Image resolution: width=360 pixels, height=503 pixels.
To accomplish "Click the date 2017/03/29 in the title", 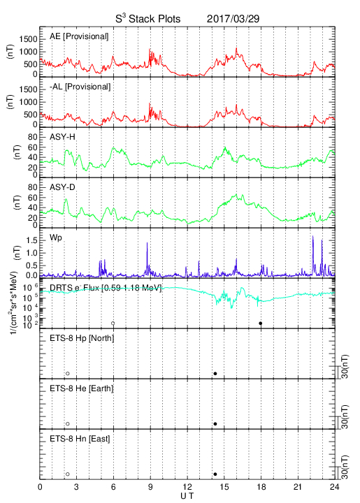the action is (233, 19).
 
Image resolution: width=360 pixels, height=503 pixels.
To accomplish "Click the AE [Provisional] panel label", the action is (79, 36).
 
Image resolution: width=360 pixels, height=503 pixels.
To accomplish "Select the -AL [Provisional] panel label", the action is (80, 87).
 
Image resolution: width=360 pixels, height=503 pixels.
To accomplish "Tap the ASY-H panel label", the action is (62, 137).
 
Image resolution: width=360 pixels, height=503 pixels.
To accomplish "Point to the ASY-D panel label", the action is (62, 187).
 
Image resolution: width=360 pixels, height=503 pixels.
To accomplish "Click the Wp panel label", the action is (56, 238).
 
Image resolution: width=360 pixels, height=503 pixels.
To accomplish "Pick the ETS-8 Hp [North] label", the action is (82, 338).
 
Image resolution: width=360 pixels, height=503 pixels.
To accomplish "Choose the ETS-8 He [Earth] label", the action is (82, 388).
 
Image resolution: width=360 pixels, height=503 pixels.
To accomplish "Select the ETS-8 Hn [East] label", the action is (80, 439).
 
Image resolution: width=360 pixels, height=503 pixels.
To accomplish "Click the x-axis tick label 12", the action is (187, 487).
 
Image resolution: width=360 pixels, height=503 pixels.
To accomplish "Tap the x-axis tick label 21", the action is (298, 487).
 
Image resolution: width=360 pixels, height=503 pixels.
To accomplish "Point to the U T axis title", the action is (187, 496).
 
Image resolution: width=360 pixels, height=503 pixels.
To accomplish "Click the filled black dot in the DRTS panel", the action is (261, 323).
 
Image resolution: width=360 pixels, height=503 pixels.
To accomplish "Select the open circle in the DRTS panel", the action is (113, 323).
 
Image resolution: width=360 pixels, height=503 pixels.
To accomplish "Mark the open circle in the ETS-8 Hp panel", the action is (68, 374).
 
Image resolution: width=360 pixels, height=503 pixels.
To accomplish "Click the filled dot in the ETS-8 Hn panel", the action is (215, 474).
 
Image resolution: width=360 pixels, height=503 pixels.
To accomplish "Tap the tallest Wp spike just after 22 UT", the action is (313, 236).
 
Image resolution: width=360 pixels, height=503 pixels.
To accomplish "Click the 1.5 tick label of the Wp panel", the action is (31, 240).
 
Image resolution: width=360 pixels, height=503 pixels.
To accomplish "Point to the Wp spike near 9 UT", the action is (147, 243).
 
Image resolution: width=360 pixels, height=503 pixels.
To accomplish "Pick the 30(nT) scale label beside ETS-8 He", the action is (345, 416).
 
